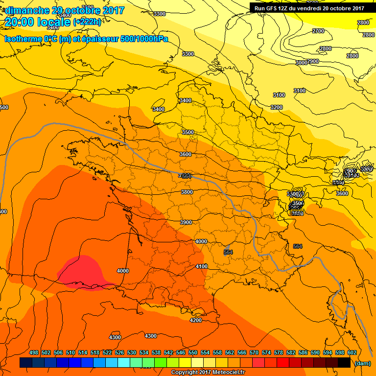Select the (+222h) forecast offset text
[x=87, y=22]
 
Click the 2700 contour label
[x=318, y=31]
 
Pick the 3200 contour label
[x=277, y=107]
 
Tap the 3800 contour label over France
[x=187, y=192]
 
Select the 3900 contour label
[x=186, y=222]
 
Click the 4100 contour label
[x=201, y=266]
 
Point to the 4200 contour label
[x=196, y=320]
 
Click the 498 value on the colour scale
[x=34, y=352]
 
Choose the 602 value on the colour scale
[x=352, y=352]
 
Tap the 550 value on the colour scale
[x=193, y=352]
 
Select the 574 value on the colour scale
[x=266, y=352]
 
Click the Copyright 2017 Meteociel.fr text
[x=208, y=373]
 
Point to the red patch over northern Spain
[x=81, y=270]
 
